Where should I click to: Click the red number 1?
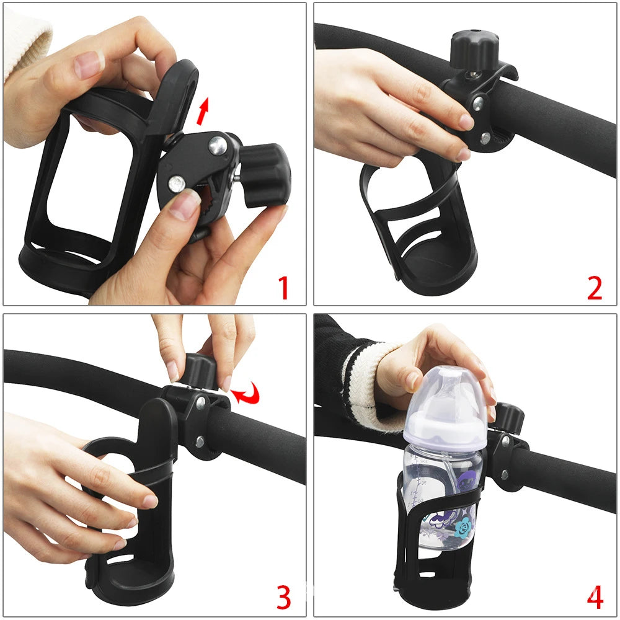[x=283, y=288]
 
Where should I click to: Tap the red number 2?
[x=594, y=288]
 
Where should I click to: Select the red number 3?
[x=283, y=597]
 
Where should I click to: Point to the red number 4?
[x=594, y=597]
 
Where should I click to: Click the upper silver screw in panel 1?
[x=216, y=146]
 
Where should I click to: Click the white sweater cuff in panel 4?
[x=363, y=378]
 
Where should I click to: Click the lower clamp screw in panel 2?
[x=485, y=138]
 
